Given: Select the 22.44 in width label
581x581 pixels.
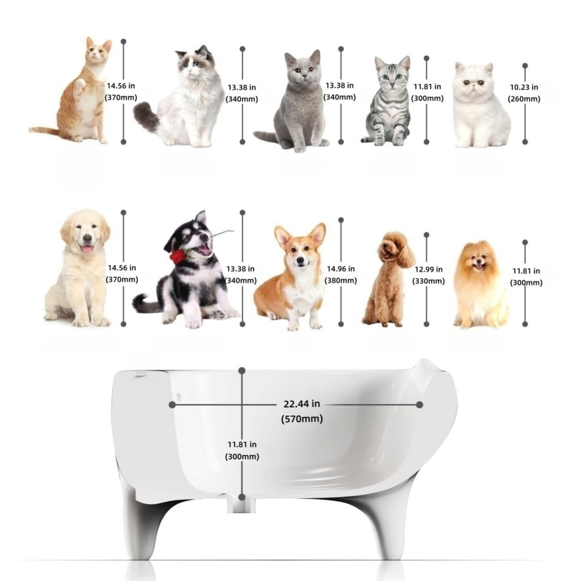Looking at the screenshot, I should click(301, 403).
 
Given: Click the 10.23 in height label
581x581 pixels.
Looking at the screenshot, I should click(524, 87).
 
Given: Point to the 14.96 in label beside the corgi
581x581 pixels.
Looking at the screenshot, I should click(341, 269).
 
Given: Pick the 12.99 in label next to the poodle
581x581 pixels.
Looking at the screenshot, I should click(428, 269).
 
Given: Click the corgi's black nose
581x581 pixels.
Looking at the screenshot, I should click(300, 261).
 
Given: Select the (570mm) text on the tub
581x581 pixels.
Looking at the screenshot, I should click(302, 419).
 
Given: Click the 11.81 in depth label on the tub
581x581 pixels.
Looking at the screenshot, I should click(242, 443).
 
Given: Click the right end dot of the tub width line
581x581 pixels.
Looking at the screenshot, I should click(420, 404).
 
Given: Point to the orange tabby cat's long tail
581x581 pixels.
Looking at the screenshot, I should click(44, 129).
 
